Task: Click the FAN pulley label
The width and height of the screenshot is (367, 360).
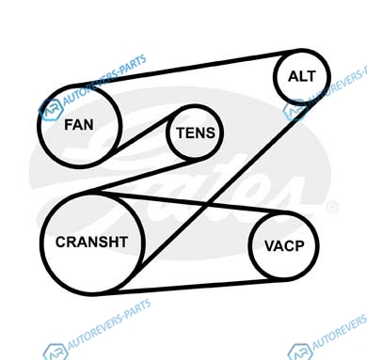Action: (79, 125)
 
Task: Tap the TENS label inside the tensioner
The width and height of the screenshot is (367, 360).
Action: (196, 133)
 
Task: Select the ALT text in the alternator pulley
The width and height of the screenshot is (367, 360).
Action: (302, 76)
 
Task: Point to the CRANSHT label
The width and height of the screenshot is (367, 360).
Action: (91, 242)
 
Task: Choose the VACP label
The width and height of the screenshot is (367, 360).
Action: (284, 246)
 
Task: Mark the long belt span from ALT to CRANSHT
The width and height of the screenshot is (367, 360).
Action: (214, 195)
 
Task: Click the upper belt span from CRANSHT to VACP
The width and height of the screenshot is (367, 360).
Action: (192, 204)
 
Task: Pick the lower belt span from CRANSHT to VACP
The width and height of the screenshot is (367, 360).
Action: (196, 286)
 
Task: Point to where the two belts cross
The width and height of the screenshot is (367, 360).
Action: (206, 206)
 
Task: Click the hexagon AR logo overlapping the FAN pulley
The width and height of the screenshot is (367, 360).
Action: (51, 109)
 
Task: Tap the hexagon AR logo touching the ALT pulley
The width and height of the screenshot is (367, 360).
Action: (295, 111)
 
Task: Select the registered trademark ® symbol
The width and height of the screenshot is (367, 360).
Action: (332, 208)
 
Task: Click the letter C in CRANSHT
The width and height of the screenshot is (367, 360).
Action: (61, 242)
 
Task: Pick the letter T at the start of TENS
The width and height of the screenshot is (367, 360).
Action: (182, 133)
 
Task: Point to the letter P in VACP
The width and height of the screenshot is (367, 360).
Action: (299, 246)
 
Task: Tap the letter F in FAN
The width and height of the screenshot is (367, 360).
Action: (69, 125)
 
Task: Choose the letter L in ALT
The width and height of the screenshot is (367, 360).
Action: (302, 76)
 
